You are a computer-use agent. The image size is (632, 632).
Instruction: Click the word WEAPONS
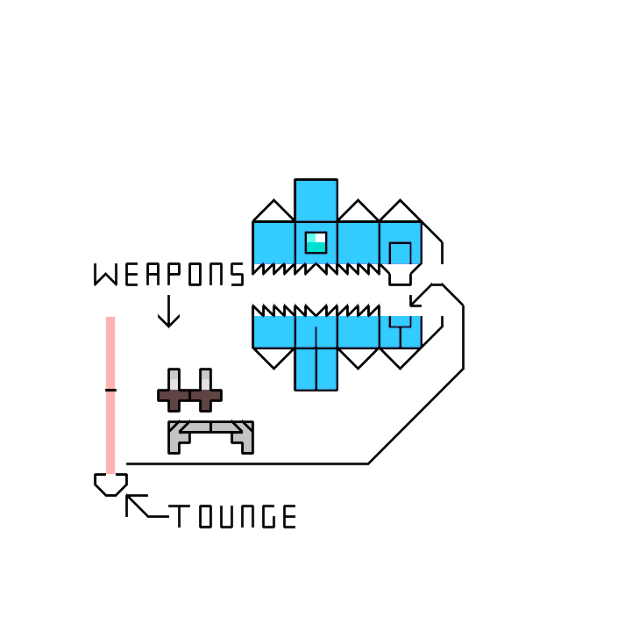169,275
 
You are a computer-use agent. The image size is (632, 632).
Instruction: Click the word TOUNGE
233,517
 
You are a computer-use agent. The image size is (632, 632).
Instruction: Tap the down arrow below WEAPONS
168,312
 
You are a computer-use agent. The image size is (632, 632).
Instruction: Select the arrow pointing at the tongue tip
136,505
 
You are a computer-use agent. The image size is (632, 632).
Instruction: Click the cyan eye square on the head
316,242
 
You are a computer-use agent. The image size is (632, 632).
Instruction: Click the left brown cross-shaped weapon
174,391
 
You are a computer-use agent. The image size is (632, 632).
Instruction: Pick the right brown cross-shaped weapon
205,391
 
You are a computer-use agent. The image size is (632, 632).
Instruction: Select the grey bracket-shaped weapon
210,434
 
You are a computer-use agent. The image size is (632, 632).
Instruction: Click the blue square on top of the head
316,200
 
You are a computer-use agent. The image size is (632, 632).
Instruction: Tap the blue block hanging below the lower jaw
316,369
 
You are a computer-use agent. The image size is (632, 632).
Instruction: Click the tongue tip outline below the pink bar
110,485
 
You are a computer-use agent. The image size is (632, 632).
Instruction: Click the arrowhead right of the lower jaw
417,298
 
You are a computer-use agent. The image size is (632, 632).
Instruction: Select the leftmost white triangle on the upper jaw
273,211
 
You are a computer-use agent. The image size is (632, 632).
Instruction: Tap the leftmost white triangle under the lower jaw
273,356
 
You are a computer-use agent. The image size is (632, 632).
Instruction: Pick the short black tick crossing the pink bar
110,389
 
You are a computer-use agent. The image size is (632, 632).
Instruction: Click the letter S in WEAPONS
237,275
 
